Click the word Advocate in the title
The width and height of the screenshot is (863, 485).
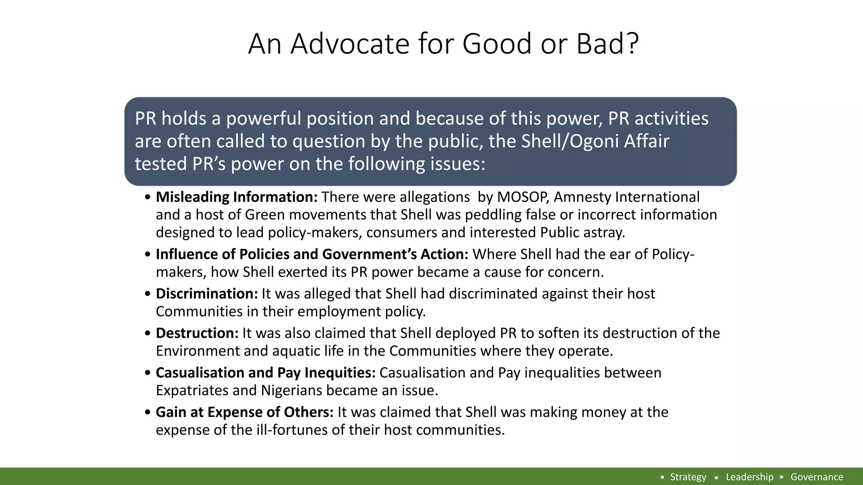[350, 44]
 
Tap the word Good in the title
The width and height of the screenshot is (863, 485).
[497, 44]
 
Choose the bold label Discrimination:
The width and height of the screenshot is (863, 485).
[206, 294]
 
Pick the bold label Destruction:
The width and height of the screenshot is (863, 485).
[197, 333]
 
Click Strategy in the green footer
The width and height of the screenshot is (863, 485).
[688, 477]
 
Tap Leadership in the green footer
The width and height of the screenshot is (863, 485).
[749, 477]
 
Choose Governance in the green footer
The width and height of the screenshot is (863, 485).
[817, 477]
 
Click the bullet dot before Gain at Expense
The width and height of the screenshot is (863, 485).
[147, 413]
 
